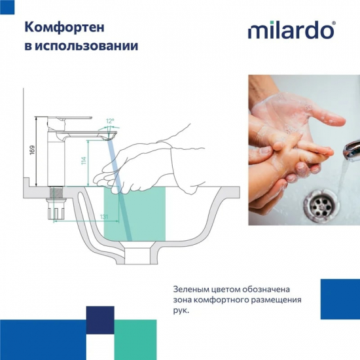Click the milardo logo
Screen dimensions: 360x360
click(x=291, y=31)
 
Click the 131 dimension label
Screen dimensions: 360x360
click(x=85, y=217)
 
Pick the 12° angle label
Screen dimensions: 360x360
click(x=110, y=121)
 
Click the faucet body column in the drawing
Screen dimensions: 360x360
click(x=55, y=157)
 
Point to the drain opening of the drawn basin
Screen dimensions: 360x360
click(x=140, y=254)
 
